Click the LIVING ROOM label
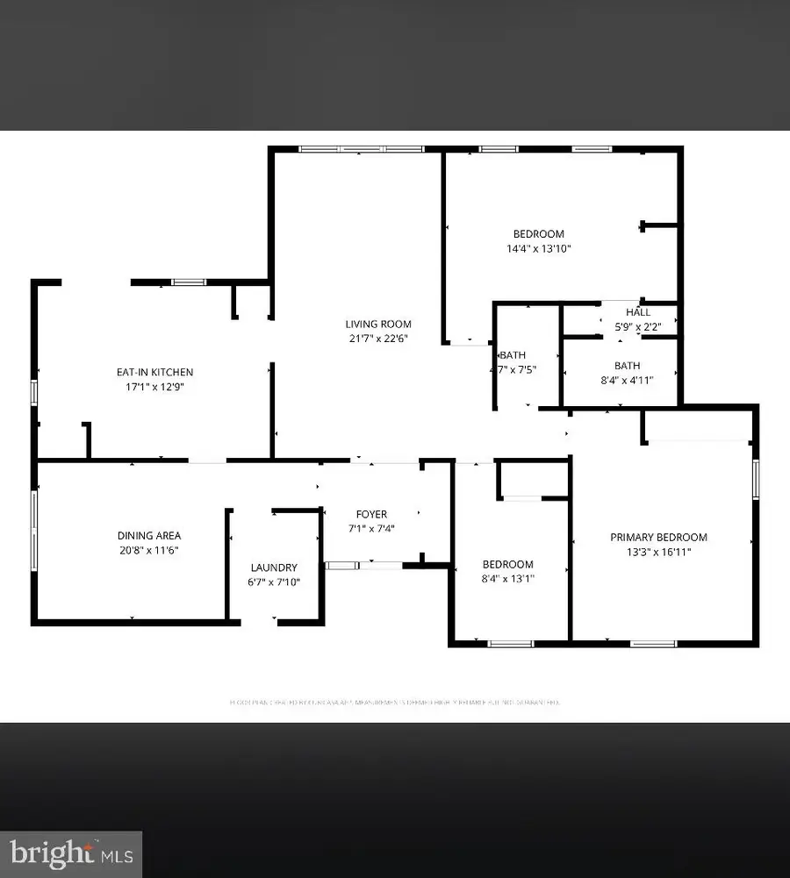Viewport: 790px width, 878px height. tap(377, 325)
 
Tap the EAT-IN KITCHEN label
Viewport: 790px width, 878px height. tap(154, 372)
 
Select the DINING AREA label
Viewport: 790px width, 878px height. tap(149, 536)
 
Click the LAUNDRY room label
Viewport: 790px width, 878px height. tap(274, 567)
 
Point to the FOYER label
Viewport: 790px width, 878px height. tap(371, 514)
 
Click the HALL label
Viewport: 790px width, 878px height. tap(638, 312)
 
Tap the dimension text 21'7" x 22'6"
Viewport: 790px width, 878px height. tap(377, 339)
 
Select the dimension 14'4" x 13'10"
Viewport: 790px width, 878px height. tap(538, 248)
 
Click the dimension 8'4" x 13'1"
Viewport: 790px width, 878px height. tap(508, 579)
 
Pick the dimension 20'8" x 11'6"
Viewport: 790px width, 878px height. tap(149, 550)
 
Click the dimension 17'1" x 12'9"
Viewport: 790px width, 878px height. tap(154, 386)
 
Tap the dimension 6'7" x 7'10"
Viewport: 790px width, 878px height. tap(274, 582)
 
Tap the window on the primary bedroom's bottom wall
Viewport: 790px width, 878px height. tap(654, 644)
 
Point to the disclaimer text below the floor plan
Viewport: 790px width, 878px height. tap(394, 702)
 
